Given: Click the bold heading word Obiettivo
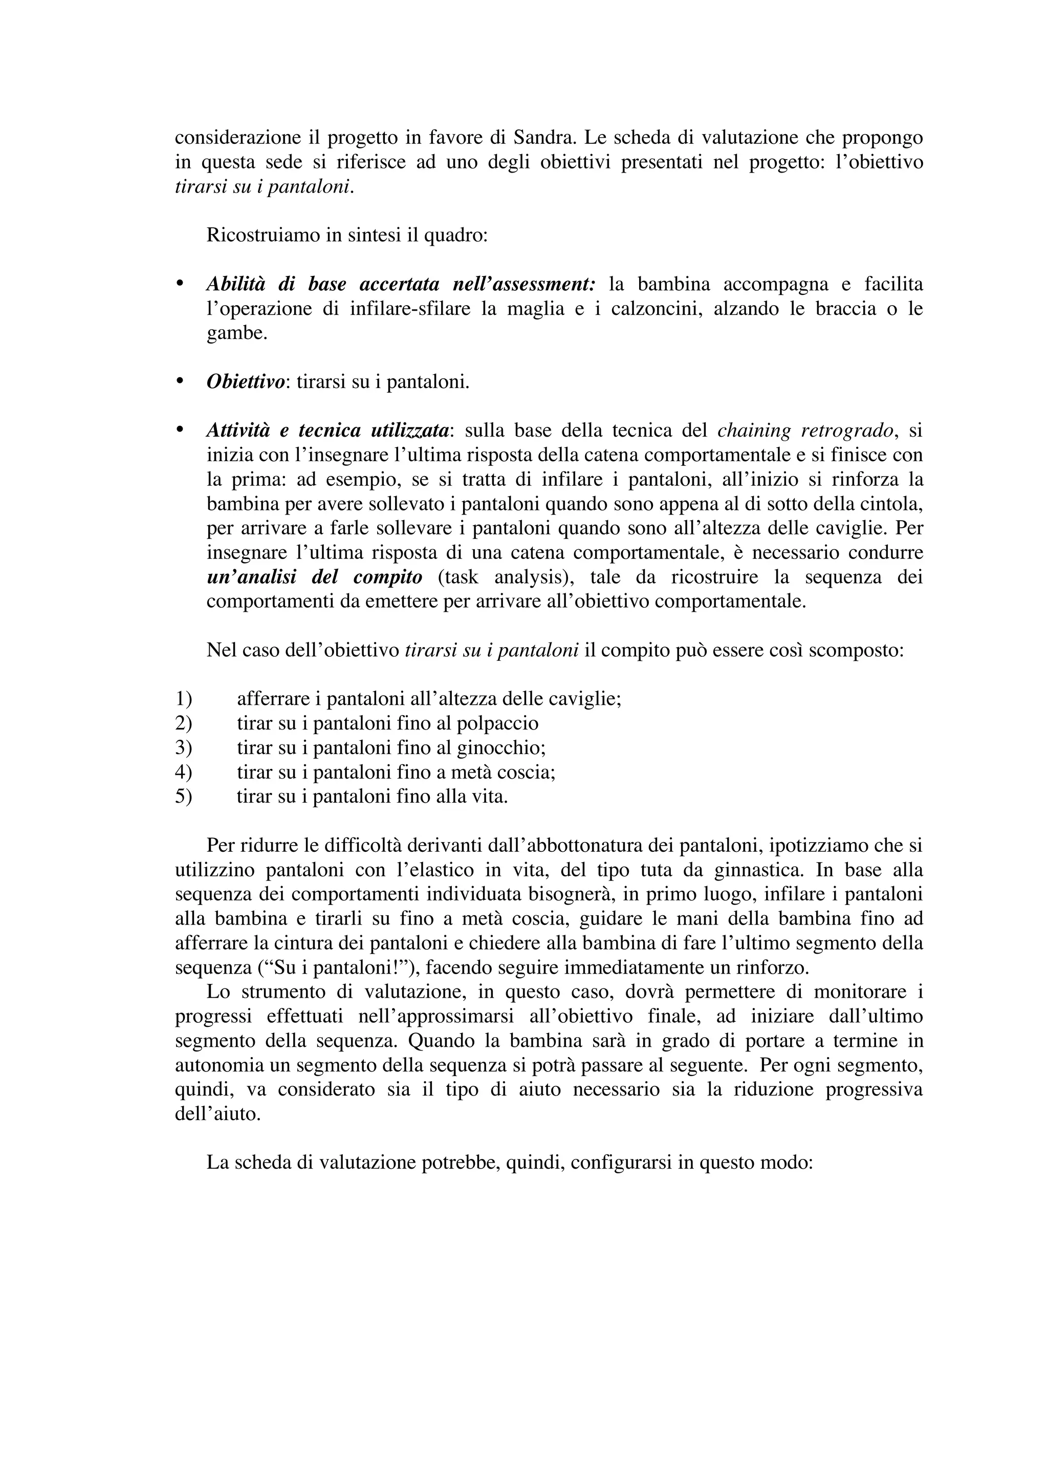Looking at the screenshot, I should pos(245,382).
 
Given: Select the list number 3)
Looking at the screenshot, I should pos(184,747).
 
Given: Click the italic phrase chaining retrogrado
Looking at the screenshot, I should pos(806,430).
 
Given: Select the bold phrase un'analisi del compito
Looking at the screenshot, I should pos(315,577).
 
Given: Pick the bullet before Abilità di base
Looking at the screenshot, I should pos(180,284).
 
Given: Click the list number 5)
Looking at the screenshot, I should pos(184,797).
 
